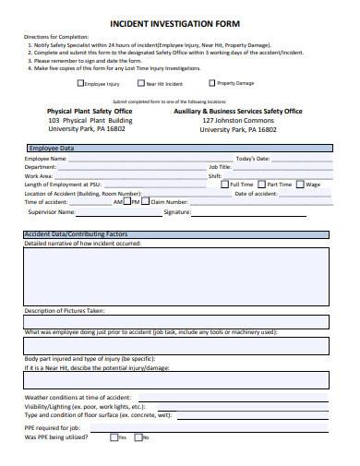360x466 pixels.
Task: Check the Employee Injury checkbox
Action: pos(79,83)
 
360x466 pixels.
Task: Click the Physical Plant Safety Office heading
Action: pos(90,110)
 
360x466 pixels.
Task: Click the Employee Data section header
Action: pos(52,148)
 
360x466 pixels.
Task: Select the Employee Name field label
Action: pos(46,159)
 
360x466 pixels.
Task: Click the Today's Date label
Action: pos(252,159)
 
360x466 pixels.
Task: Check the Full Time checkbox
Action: pos(211,184)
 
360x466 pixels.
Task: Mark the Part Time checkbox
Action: pos(261,184)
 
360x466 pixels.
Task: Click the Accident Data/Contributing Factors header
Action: pos(75,234)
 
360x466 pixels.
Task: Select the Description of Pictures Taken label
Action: pos(65,311)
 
